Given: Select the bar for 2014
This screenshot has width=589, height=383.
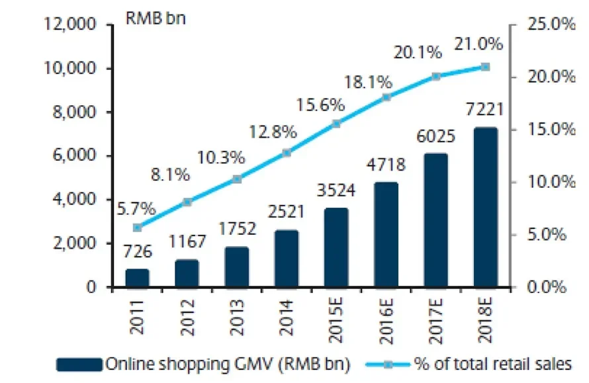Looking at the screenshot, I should (x=286, y=259).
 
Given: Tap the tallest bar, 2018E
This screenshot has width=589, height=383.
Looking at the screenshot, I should (x=485, y=208).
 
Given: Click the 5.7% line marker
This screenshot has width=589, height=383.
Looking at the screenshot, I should (x=137, y=228).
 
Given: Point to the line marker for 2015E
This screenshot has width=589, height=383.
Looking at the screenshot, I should (x=336, y=124).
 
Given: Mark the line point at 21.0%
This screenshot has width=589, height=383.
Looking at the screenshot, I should (x=485, y=67).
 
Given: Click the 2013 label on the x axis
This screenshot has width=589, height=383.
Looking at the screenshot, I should (x=237, y=316).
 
